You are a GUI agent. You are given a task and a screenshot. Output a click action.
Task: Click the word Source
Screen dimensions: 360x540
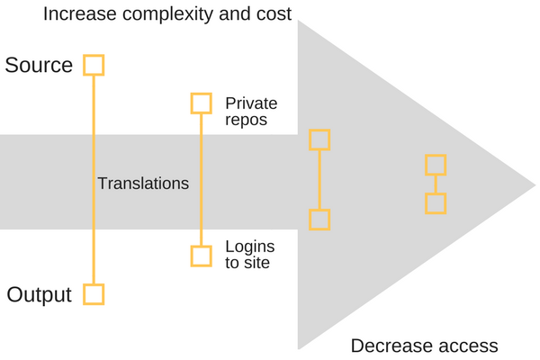[39, 66]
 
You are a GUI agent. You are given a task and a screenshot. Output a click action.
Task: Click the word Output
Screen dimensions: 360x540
[40, 294]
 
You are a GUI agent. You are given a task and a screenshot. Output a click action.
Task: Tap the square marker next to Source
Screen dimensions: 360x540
[94, 65]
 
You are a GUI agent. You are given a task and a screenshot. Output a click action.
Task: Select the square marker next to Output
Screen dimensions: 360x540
[94, 294]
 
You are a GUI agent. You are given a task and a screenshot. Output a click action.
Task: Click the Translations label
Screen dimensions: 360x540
[143, 184]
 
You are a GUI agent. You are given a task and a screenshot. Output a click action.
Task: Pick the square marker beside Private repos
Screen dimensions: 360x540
[201, 103]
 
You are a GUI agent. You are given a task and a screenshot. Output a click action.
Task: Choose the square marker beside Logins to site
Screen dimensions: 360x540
[201, 256]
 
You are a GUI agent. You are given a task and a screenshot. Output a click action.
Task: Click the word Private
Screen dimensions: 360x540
[251, 103]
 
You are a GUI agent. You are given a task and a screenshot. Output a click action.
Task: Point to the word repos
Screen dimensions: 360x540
[246, 120]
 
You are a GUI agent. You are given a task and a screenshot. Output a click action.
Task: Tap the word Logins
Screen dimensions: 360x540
[250, 247]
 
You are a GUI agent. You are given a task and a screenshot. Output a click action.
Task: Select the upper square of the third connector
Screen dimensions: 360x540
[319, 139]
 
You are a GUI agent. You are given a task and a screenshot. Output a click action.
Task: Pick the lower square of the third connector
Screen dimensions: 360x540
[319, 220]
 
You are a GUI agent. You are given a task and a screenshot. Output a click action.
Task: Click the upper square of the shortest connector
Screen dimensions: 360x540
[436, 165]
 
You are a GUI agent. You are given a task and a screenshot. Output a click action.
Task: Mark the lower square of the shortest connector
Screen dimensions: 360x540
[436, 203]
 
